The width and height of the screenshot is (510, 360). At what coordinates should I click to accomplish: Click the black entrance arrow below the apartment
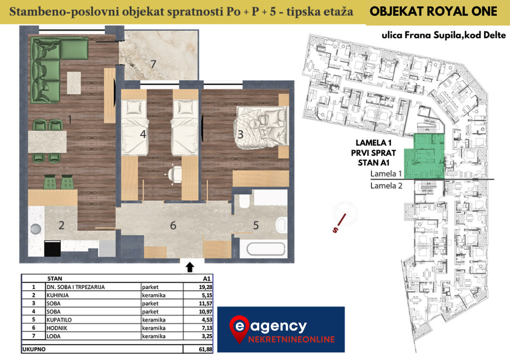point(190,267)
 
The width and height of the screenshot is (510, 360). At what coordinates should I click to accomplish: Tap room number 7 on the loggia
point(153,64)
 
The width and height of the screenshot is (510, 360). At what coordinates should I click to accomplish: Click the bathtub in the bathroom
point(266,249)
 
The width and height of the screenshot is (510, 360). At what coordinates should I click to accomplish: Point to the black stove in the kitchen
point(52,249)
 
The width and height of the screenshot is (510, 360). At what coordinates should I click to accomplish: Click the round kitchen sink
point(36,229)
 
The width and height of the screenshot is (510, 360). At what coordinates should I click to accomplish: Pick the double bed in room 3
point(261,127)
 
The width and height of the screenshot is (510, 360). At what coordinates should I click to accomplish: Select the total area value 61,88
point(205,349)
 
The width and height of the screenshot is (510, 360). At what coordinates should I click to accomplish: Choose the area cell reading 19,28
point(205,287)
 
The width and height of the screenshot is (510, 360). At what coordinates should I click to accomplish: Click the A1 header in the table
point(207,278)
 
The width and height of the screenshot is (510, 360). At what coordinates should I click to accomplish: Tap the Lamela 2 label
point(386,186)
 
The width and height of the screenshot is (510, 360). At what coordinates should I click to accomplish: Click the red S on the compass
point(335,230)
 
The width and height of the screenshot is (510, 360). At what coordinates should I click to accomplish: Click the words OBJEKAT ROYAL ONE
point(433,11)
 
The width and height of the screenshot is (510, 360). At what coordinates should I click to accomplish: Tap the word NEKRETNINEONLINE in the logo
point(291,339)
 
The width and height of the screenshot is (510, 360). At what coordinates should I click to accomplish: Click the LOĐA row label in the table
point(54,336)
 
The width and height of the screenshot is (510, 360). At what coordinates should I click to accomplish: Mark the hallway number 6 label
point(173,225)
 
